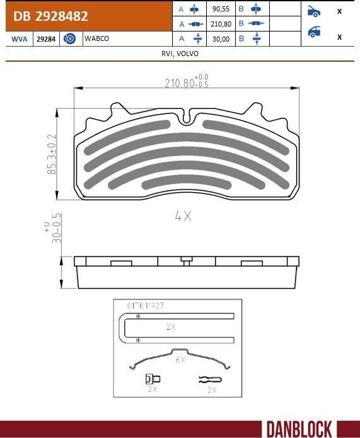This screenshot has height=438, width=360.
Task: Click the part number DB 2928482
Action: [50, 16]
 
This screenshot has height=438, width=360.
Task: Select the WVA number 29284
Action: [45, 39]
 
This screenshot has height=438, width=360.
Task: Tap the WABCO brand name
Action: [96, 39]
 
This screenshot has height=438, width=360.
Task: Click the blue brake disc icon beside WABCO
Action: [70, 39]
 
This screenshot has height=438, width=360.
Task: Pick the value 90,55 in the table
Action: [221, 10]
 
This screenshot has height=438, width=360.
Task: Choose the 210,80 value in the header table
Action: [221, 25]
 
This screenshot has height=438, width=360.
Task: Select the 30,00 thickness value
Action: [221, 39]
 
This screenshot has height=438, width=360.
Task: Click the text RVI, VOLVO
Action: [180, 54]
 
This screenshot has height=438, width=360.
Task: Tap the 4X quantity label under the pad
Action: [183, 216]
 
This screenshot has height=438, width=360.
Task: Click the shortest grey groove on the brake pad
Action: [185, 183]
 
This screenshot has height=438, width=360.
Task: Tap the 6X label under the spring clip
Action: [180, 359]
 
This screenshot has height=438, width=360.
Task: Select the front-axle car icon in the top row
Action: [313, 11]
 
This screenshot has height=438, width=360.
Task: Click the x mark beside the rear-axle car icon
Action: [340, 37]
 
